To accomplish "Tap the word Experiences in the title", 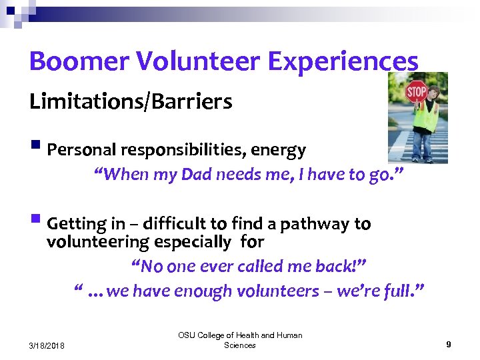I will tap(343, 61).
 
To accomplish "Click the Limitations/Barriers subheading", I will tap(131, 102).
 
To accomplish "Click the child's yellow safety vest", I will tap(425, 117).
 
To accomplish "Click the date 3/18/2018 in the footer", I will tap(48, 345).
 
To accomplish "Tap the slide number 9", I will tap(449, 345).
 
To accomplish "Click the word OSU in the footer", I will tap(187, 335).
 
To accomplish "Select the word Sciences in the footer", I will tap(240, 345).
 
